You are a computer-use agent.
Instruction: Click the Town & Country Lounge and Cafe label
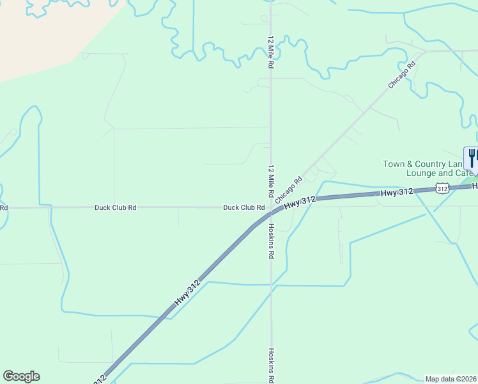(x=427, y=168)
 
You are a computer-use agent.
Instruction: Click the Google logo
(x=21, y=376)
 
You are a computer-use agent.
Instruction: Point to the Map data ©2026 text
(x=451, y=379)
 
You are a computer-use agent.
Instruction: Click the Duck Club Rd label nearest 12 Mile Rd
(x=243, y=207)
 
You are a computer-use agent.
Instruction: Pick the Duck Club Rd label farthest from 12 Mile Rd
(x=115, y=207)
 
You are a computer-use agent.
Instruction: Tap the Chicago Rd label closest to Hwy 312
(x=289, y=191)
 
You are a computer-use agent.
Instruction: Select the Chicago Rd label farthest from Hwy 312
(x=402, y=74)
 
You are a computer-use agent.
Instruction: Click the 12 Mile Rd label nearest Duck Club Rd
(x=271, y=182)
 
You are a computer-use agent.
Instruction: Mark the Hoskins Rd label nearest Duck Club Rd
(x=271, y=241)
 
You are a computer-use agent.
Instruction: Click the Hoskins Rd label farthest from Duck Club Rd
(x=271, y=365)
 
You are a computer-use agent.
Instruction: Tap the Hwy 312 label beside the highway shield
(x=397, y=192)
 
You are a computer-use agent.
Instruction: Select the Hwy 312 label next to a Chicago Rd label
(x=300, y=202)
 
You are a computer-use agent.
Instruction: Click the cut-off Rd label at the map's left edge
(x=4, y=207)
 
